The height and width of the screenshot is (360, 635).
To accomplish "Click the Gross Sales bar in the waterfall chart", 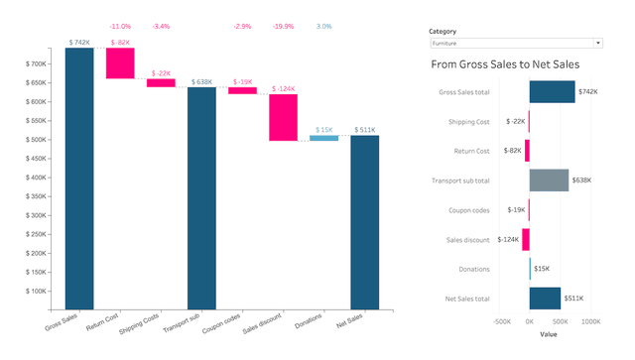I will [79, 179].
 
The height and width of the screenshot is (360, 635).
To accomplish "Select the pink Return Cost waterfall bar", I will [120, 62].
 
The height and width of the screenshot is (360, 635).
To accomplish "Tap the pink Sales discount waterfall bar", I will [283, 117].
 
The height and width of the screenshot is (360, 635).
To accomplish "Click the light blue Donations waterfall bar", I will [323, 138].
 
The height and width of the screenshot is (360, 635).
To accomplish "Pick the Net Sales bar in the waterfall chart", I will [364, 222].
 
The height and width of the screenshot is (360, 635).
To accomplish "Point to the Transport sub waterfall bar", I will [201, 198].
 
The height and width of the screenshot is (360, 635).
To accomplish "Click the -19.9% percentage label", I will [283, 27].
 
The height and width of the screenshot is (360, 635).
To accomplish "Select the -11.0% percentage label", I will [120, 27].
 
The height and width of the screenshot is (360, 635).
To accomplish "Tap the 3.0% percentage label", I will [323, 27].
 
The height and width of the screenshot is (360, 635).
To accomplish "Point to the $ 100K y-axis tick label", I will [40, 292].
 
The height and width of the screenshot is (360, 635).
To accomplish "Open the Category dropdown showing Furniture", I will [515, 44].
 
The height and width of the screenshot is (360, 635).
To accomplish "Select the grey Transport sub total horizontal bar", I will [549, 180].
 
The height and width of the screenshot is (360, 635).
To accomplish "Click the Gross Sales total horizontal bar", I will [552, 91].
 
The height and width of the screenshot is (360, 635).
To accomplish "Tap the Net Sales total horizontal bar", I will [545, 298].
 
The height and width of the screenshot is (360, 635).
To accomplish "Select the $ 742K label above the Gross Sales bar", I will [79, 43].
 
